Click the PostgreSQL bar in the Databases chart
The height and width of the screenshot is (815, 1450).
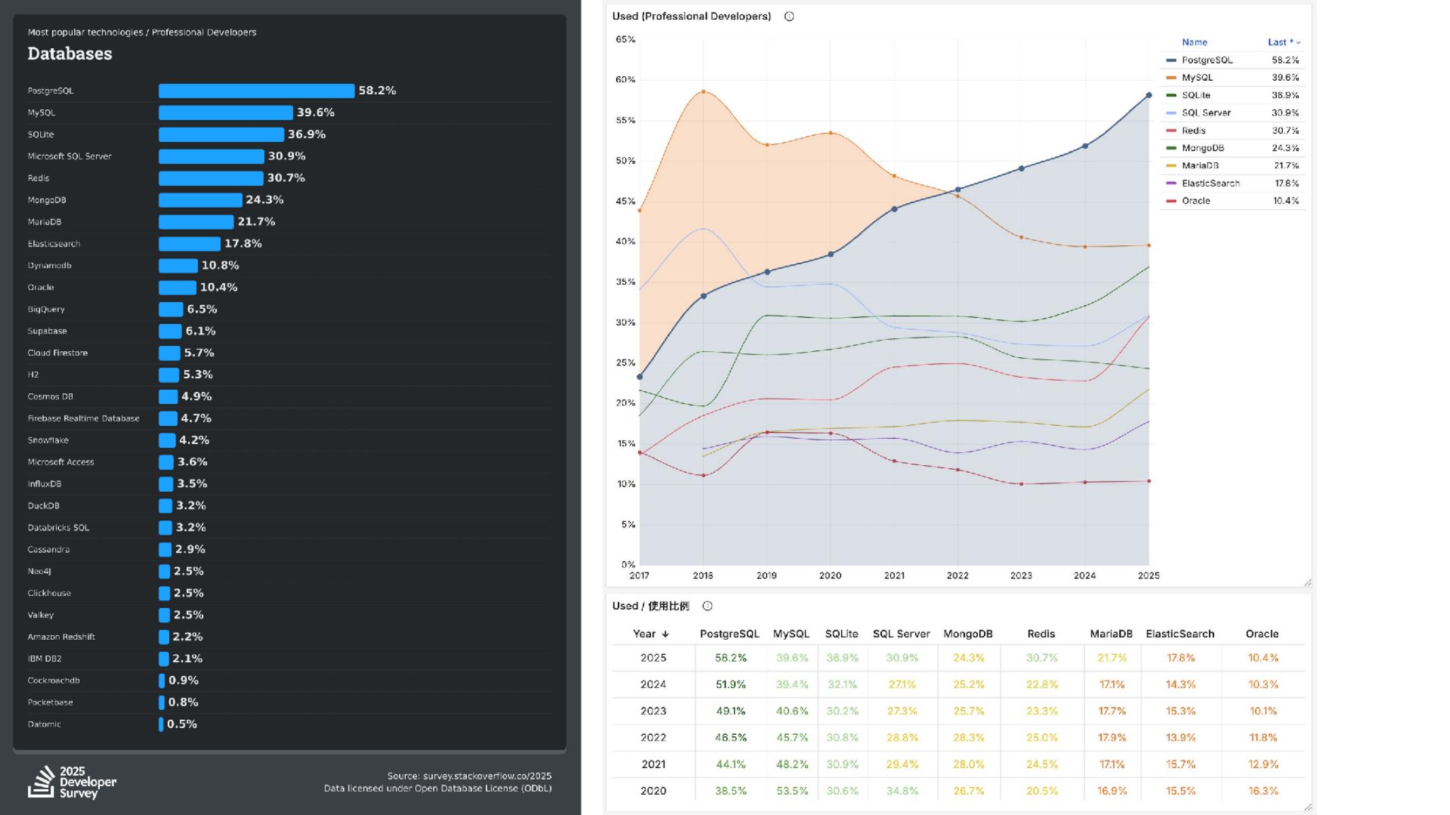point(256,91)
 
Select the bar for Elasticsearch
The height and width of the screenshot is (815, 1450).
point(190,244)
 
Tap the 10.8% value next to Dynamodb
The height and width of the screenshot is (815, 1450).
point(220,266)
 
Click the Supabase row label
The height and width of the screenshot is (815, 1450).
point(48,331)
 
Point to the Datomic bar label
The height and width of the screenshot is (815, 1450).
point(44,725)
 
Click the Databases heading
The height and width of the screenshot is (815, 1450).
point(70,54)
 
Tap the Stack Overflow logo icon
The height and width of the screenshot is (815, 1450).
point(41,782)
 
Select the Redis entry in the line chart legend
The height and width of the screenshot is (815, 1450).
point(1193,131)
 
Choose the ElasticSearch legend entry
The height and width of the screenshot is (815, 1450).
point(1210,183)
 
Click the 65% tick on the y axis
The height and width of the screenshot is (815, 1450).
point(625,39)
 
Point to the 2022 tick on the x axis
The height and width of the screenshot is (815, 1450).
point(957,576)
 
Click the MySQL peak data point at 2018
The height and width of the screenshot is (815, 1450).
point(703,92)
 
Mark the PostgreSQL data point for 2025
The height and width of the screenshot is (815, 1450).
point(1149,96)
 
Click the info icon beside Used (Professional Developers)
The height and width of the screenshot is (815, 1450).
point(789,17)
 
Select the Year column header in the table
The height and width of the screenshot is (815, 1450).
point(651,634)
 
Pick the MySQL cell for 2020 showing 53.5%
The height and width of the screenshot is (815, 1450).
point(792,791)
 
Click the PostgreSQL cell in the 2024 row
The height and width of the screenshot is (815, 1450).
point(730,685)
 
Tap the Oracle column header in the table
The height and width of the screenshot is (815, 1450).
point(1262,634)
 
